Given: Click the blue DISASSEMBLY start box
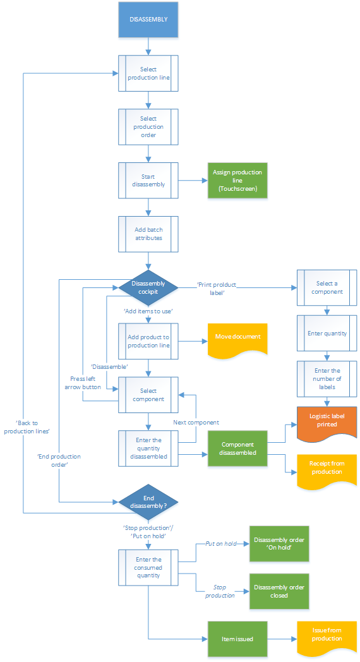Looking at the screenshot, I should pos(148,20).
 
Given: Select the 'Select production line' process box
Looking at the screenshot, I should pos(148,73).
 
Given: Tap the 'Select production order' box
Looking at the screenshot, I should pos(148,126).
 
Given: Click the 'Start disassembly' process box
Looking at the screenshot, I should pos(148,180).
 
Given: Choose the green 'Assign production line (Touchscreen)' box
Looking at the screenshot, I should pos(237,180).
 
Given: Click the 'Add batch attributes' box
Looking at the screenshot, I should pos(148,234).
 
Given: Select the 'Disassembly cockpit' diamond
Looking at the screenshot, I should pos(148,287).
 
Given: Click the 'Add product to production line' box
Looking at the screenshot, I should pos(148,341).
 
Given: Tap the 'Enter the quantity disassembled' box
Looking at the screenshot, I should pos(148,448).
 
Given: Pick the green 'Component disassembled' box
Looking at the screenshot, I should pos(237,448).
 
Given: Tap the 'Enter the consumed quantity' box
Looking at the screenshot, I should pos(148,567).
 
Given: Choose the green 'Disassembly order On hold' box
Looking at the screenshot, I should pos(279,544).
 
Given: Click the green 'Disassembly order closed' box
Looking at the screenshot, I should pos(279,591).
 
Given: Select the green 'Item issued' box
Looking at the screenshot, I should pos(237,639).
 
